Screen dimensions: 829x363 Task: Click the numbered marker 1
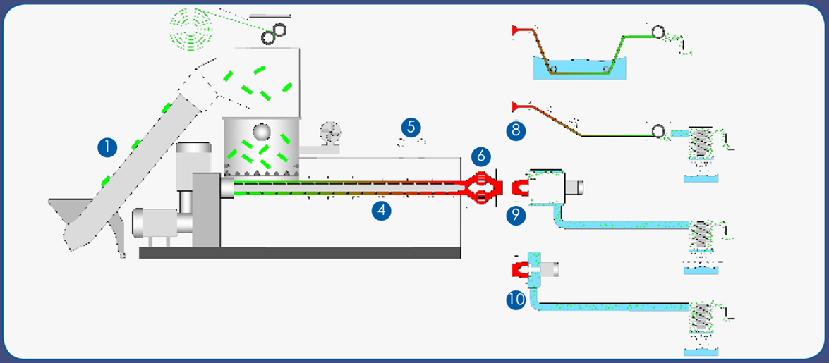(107, 147)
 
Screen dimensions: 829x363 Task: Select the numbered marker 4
(381, 211)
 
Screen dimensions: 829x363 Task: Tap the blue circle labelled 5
(411, 128)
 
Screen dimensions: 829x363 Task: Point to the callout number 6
(480, 156)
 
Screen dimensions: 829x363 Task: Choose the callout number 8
(516, 130)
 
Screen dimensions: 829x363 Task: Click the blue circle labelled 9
(516, 215)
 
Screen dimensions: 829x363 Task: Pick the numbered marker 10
(516, 300)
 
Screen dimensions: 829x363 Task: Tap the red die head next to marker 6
(481, 187)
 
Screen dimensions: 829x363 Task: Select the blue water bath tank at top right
(579, 68)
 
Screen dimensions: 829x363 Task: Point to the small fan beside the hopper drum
(330, 133)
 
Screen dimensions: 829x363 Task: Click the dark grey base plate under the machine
(300, 252)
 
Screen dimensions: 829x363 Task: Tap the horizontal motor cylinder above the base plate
(155, 222)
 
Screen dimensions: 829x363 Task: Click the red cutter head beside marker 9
(520, 187)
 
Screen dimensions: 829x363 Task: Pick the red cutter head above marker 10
(520, 270)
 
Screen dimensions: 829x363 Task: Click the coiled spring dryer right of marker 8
(701, 142)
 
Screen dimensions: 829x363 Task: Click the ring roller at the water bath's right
(658, 32)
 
